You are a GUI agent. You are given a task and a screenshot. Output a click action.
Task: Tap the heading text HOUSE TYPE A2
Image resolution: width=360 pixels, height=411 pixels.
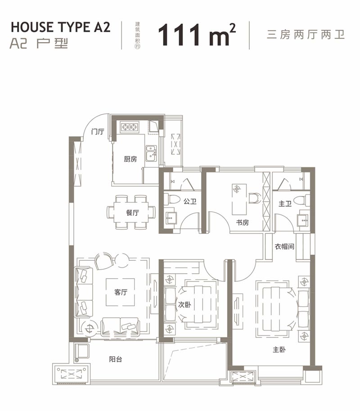pyautogui.click(x=60, y=27)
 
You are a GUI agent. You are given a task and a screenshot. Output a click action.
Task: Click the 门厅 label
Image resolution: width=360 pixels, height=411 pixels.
pyautogui.click(x=97, y=132)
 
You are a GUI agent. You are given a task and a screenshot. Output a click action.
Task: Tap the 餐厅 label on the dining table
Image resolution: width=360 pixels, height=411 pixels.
pyautogui.click(x=132, y=213)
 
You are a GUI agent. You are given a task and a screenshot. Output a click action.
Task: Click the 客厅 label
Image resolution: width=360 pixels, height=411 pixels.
pyautogui.click(x=121, y=292)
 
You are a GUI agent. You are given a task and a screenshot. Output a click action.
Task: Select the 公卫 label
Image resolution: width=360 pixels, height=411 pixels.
pyautogui.click(x=190, y=202)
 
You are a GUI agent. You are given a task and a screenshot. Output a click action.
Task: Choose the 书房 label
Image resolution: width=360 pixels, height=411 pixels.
pyautogui.click(x=243, y=222)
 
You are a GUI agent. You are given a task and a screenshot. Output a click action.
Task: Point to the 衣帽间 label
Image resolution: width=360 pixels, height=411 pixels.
pyautogui.click(x=284, y=246)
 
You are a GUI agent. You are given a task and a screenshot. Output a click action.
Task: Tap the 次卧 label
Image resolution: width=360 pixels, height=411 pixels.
pyautogui.click(x=184, y=304)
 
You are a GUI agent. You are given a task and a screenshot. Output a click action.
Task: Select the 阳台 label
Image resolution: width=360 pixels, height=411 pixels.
pyautogui.click(x=116, y=359)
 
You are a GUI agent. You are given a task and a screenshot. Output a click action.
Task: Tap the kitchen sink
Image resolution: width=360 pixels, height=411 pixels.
pyautogui.click(x=151, y=153)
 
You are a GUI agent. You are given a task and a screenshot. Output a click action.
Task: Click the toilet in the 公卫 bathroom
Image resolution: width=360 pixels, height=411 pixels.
pyautogui.click(x=169, y=200)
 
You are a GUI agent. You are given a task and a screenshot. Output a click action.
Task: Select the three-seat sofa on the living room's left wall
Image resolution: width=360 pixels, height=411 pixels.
pyautogui.click(x=84, y=292)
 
